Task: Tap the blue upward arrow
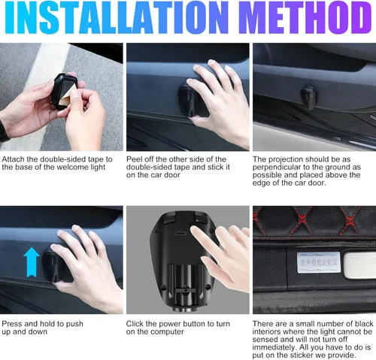click(32, 262)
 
